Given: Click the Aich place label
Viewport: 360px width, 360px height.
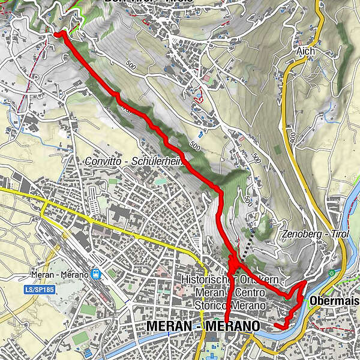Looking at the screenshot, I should point(305,52).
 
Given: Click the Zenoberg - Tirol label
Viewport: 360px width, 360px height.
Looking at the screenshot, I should point(314,234).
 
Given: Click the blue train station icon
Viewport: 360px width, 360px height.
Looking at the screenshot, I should point(96,274).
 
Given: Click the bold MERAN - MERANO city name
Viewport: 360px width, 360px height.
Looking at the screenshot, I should point(203,326).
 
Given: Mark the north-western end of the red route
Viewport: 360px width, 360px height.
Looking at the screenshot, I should point(58,35).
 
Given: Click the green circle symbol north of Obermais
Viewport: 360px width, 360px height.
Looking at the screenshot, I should point(332,273).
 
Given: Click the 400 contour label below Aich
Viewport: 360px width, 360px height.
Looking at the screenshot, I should point(292,137).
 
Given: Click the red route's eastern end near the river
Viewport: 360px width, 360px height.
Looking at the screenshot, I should point(276,326).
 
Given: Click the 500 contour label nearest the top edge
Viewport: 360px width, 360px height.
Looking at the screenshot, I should point(130,62).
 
